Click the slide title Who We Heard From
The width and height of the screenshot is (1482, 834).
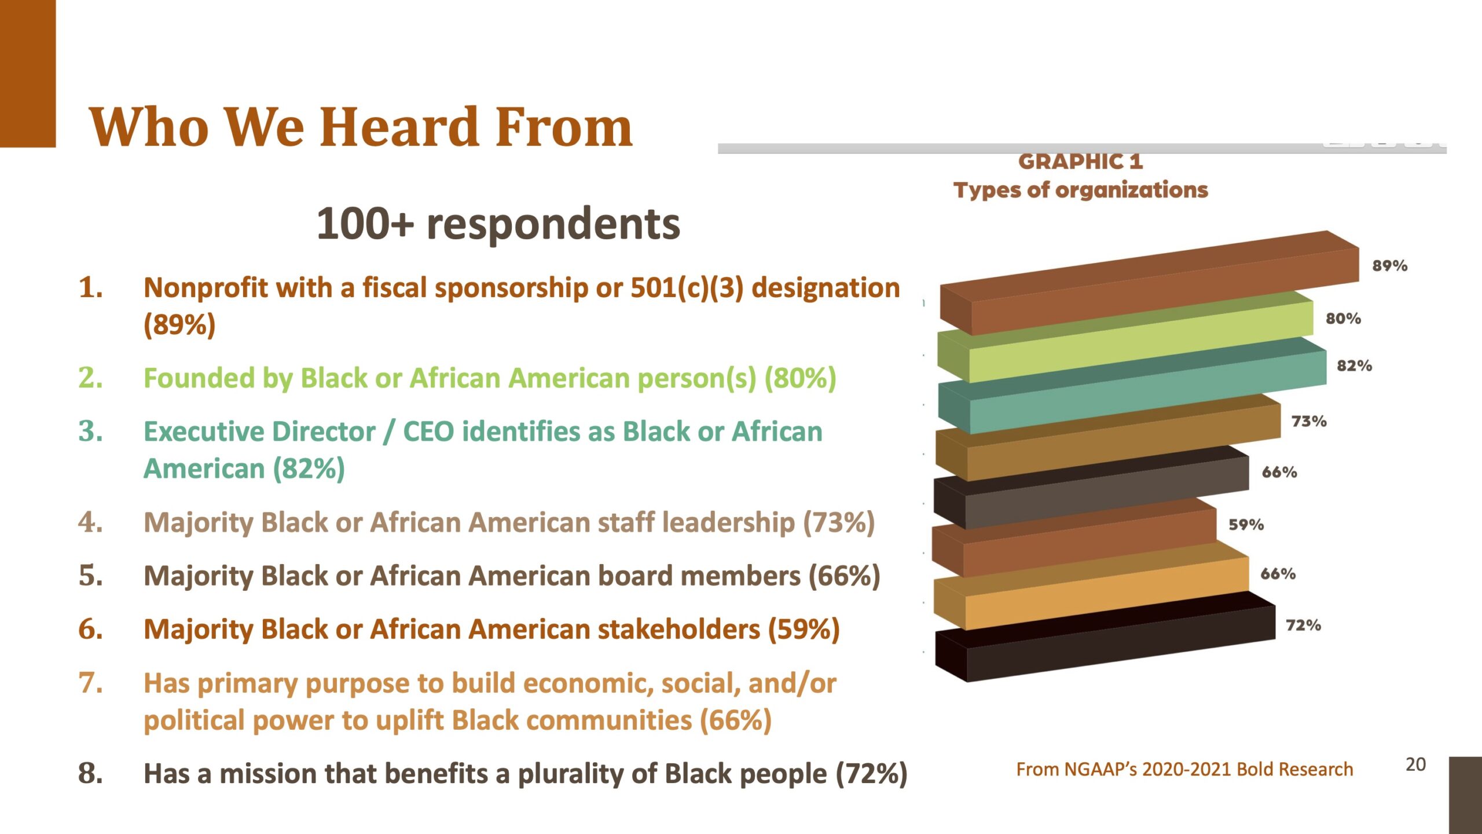361,127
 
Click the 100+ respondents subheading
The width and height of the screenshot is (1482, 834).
498,224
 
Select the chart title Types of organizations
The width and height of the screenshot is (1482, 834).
1081,191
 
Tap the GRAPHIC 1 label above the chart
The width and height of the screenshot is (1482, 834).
1081,162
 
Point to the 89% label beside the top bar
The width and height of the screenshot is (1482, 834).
1389,266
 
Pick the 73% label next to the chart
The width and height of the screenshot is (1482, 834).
1309,421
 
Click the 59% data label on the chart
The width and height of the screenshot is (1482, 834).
1246,525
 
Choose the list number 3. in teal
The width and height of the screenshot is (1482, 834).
91,431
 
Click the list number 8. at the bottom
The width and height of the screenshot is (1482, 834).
91,774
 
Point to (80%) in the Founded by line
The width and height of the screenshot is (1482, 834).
801,379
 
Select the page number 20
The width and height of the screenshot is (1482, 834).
1415,765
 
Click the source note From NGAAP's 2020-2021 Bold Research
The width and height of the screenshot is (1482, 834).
1184,770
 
